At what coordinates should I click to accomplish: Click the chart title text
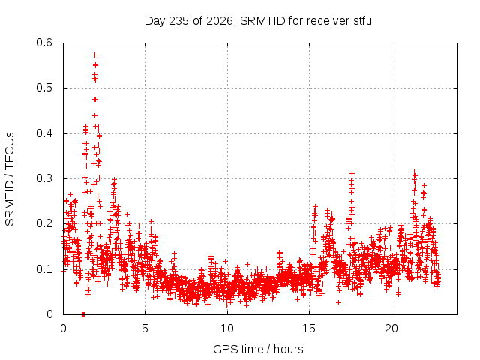[258, 21]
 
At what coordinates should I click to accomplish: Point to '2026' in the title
[220, 21]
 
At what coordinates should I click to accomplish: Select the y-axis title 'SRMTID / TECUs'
[10, 179]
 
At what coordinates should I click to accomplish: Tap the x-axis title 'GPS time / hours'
[258, 349]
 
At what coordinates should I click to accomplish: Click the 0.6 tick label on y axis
[44, 43]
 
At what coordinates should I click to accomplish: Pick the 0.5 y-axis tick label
[44, 88]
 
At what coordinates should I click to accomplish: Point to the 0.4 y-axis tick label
[44, 133]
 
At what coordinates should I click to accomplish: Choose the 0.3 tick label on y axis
[44, 178]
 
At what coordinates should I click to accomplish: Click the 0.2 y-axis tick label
[44, 223]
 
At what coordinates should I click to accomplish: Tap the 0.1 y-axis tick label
[44, 269]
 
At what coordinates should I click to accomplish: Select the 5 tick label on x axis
[145, 328]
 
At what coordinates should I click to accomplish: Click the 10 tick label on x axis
[227, 328]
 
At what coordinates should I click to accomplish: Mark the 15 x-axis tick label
[309, 328]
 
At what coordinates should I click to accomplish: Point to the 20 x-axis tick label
[391, 328]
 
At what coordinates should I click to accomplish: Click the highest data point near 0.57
[95, 55]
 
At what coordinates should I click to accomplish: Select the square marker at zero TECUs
[83, 314]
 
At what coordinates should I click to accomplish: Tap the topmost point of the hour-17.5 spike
[352, 174]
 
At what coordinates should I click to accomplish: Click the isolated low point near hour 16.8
[338, 302]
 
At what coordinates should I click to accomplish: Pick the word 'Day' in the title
[155, 22]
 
